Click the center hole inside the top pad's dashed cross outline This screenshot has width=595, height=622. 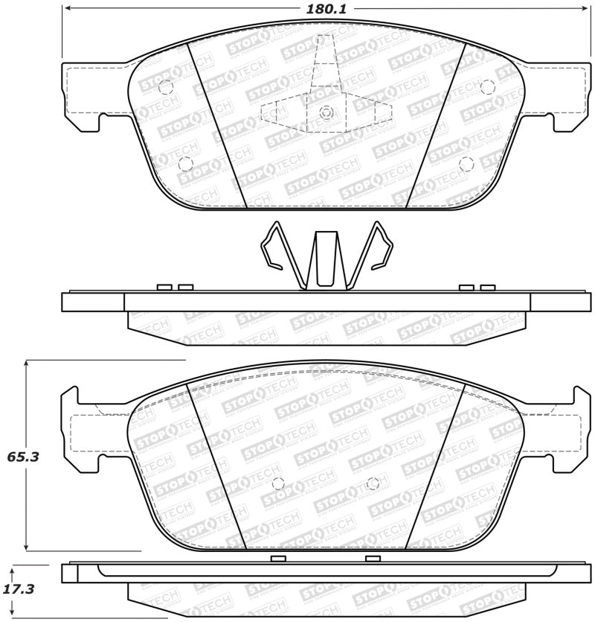(x=325, y=112)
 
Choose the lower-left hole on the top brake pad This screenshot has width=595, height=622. (x=185, y=164)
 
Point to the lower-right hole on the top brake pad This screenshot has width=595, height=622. (x=466, y=163)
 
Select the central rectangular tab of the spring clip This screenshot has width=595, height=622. (x=326, y=258)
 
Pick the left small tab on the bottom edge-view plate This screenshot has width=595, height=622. (x=278, y=559)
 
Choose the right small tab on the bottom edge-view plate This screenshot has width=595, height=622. (x=373, y=559)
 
